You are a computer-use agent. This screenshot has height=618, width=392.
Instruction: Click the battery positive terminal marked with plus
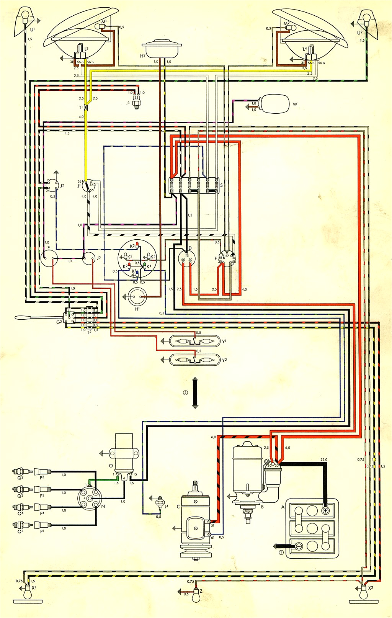325,511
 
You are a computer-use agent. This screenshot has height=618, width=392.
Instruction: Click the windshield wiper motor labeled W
275,103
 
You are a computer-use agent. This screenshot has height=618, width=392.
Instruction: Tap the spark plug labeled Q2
18,472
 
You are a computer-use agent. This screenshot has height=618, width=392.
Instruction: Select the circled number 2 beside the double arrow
185,393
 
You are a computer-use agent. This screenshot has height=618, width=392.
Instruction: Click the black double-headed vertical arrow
195,393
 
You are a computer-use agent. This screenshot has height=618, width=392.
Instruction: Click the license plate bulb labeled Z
197,595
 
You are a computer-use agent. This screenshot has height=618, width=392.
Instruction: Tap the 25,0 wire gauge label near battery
324,459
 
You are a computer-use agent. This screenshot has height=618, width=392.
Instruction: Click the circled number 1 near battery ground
281,553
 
